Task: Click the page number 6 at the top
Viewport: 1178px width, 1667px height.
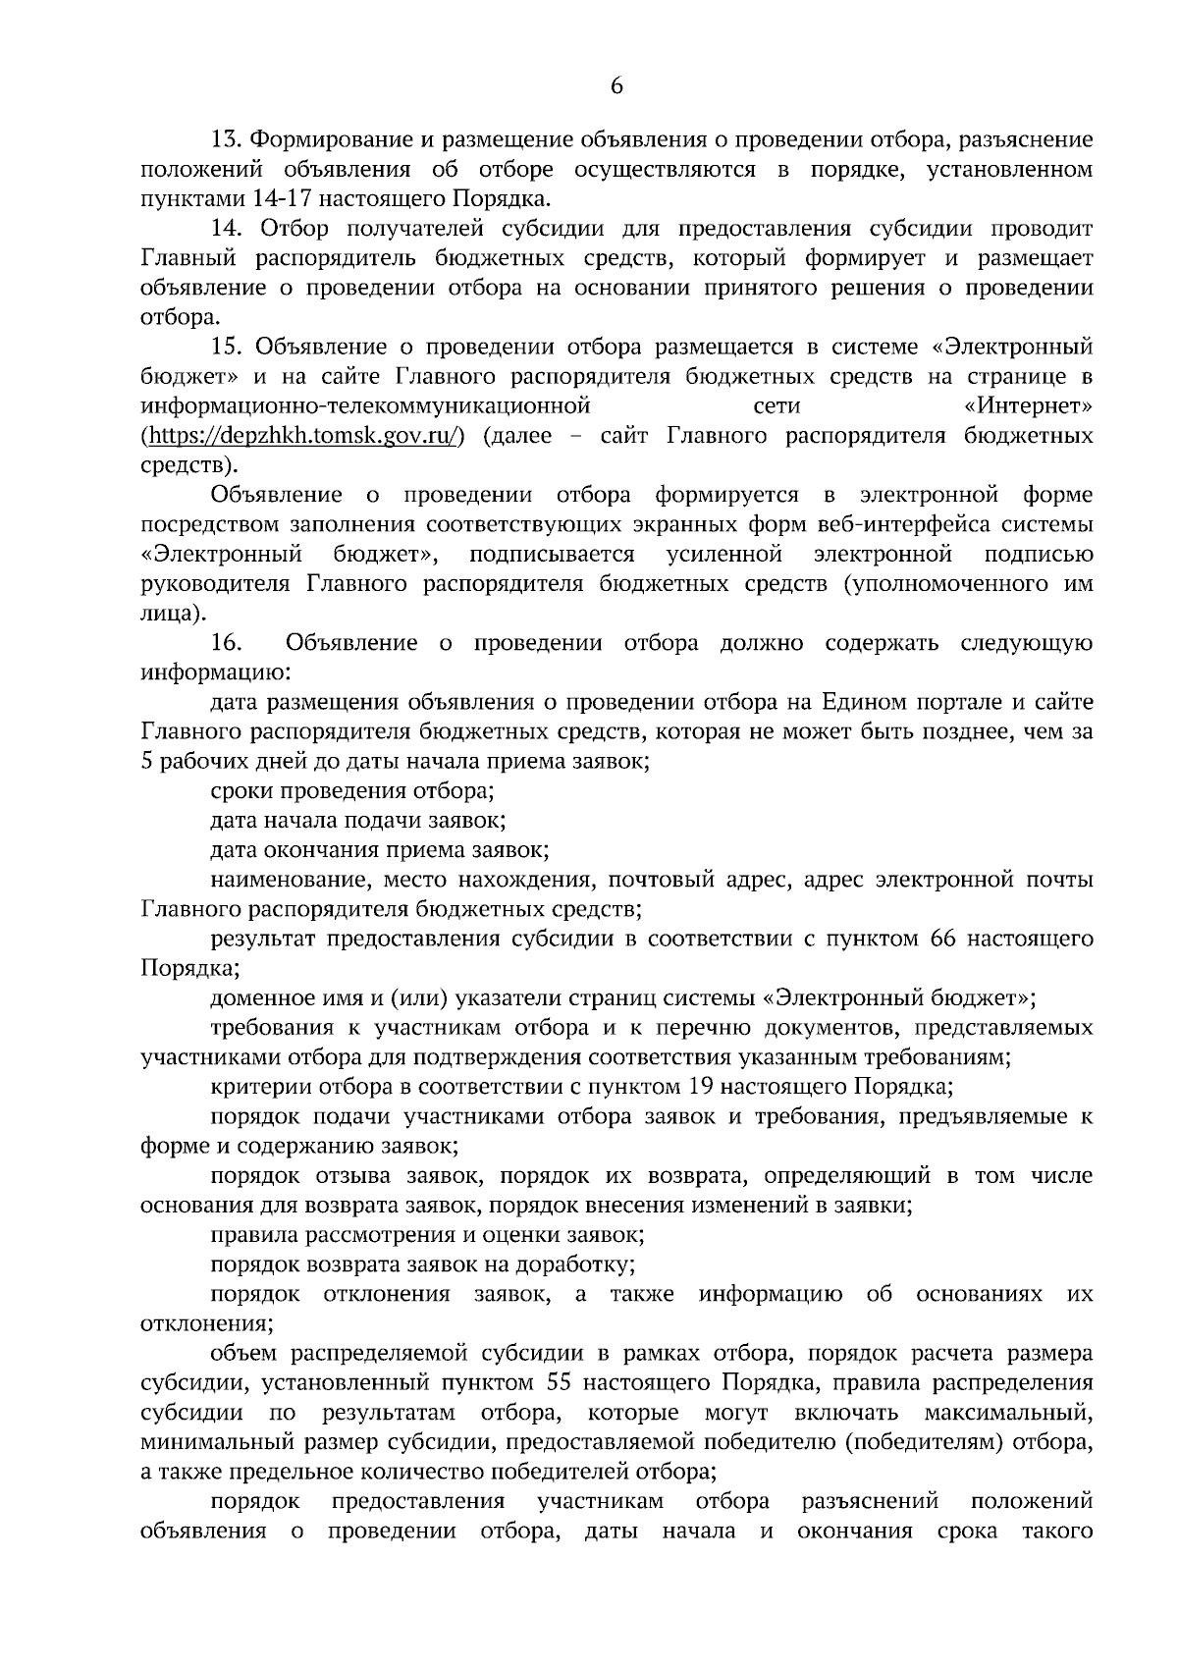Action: pos(616,86)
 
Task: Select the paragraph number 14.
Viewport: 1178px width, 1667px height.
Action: pos(224,229)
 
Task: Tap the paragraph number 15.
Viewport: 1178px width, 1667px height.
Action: pos(224,347)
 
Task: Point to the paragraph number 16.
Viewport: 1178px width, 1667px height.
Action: pos(225,643)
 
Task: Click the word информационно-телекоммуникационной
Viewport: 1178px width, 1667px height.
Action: pos(364,405)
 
